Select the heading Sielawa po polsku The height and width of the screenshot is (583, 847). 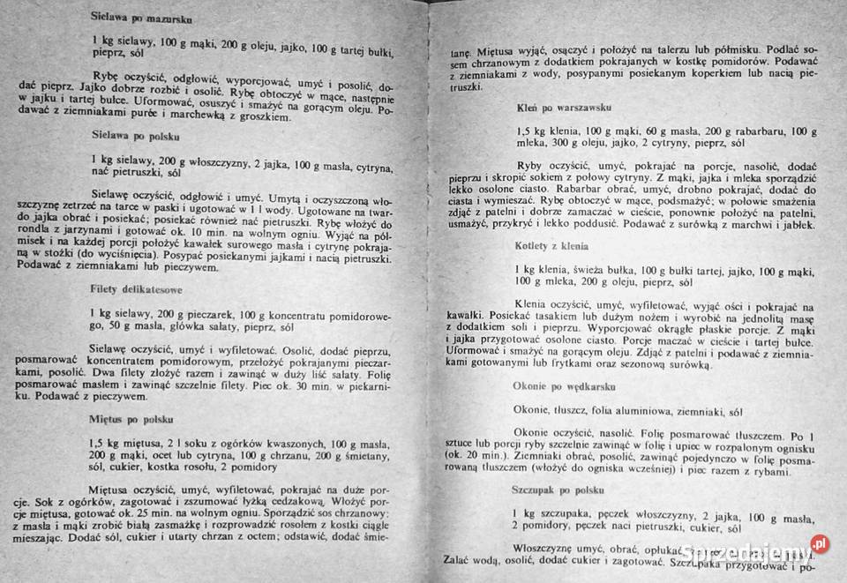click(136, 136)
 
